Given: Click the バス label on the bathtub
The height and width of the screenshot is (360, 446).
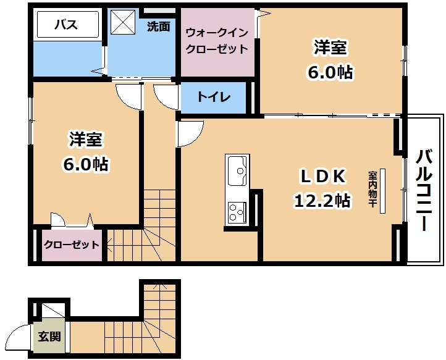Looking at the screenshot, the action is [x=66, y=25].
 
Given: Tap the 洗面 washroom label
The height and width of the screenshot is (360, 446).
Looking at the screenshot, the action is [x=158, y=27].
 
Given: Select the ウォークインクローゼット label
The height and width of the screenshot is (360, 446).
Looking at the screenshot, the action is [x=217, y=41].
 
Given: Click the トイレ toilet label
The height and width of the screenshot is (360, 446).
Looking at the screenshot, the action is [x=214, y=97].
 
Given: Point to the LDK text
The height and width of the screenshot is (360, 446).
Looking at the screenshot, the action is [x=324, y=177].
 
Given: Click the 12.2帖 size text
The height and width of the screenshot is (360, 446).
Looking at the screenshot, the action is [x=322, y=201].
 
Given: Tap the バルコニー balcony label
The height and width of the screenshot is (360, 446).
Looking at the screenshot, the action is [x=424, y=191].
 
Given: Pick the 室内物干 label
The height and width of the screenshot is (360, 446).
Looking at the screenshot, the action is [x=372, y=189].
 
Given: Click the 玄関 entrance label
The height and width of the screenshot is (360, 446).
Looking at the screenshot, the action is [x=49, y=337].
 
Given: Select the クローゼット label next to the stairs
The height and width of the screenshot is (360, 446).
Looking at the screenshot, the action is [x=72, y=245].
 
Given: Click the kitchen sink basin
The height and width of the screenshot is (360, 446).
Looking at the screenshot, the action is [x=237, y=170].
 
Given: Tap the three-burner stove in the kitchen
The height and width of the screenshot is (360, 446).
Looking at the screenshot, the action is [x=237, y=212].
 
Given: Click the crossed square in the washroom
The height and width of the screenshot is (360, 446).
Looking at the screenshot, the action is [x=123, y=22].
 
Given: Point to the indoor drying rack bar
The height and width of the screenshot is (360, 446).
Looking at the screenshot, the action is [x=382, y=191].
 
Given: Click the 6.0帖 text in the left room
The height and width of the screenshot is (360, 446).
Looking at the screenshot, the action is [x=85, y=164].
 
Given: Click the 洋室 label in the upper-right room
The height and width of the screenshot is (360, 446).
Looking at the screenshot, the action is [x=330, y=48].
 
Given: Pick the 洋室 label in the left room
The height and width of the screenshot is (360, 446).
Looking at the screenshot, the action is [x=85, y=140].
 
